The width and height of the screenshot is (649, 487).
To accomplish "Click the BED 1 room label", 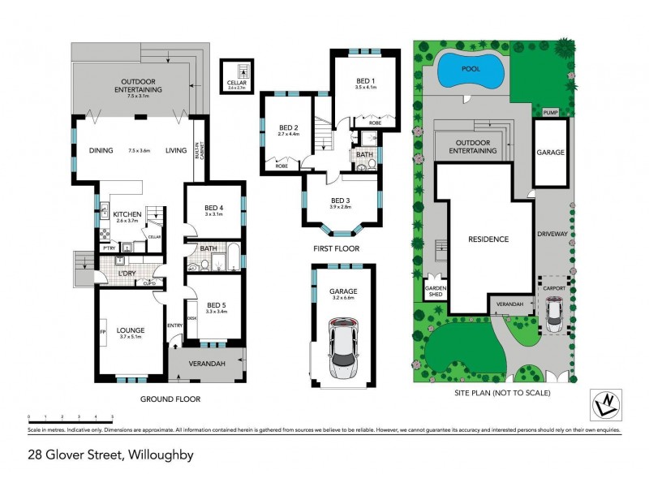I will (366, 81).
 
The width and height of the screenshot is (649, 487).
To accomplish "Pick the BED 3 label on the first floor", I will (341, 200).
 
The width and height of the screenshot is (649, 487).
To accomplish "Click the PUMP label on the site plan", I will (551, 112).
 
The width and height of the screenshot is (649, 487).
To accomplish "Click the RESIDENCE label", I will (488, 239).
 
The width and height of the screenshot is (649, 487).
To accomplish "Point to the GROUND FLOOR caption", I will (170, 399).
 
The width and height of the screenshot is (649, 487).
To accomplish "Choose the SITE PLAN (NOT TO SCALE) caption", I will (502, 393).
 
